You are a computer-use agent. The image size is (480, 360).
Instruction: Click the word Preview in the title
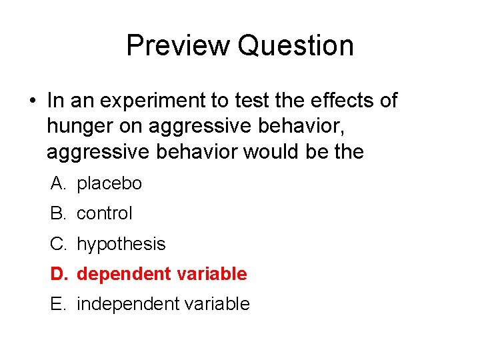(x=177, y=45)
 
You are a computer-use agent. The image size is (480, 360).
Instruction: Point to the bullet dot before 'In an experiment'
(x=32, y=101)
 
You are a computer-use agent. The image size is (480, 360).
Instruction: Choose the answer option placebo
(x=109, y=183)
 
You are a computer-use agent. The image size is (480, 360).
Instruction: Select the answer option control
(x=105, y=213)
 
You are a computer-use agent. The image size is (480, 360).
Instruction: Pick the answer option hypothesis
(x=121, y=244)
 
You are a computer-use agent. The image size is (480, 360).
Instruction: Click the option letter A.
(x=57, y=183)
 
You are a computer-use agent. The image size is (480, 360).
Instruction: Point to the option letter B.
(x=57, y=213)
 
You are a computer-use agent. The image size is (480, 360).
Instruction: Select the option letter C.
(x=57, y=244)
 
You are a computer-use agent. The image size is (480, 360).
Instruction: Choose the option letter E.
(x=57, y=304)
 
